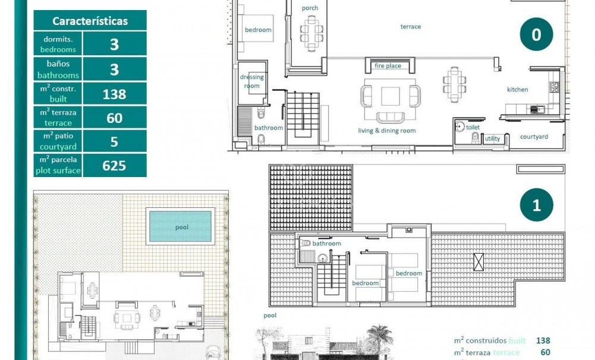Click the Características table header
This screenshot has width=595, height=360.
click(x=90, y=21)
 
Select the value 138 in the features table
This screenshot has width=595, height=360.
click(x=114, y=94)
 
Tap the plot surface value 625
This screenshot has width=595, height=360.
click(x=114, y=165)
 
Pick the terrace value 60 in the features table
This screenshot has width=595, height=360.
click(x=114, y=118)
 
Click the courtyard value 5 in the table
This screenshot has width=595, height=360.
click(x=114, y=141)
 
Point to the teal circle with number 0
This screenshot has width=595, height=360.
click(x=536, y=35)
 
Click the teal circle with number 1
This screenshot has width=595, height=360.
click(x=536, y=206)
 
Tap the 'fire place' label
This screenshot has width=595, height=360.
click(x=388, y=66)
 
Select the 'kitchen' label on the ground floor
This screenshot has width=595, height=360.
click(x=517, y=90)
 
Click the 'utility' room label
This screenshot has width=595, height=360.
click(x=493, y=139)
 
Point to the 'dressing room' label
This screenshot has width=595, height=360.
click(x=251, y=81)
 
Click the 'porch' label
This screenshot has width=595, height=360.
click(x=310, y=8)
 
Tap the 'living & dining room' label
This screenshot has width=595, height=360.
click(x=386, y=131)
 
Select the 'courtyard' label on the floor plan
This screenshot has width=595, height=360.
click(x=534, y=137)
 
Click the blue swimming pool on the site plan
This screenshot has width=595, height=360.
click(x=180, y=227)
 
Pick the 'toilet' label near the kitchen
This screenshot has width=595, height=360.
click(x=473, y=127)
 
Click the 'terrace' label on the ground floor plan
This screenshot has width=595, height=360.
click(x=410, y=27)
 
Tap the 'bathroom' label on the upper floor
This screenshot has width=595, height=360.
click(x=327, y=244)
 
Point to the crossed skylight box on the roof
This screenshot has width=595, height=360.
click(x=478, y=261)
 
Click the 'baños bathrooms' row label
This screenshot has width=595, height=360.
click(x=58, y=70)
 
